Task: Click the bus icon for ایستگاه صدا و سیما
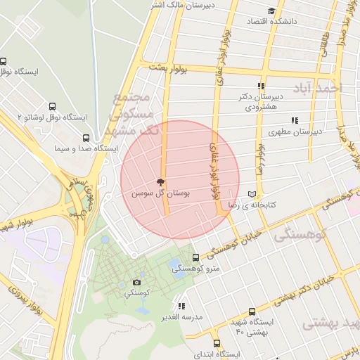pyautogui.click(x=86, y=139)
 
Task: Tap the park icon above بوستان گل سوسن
pyautogui.click(x=162, y=181)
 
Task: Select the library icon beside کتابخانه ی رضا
pyautogui.click(x=253, y=194)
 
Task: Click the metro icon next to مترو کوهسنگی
pyautogui.click(x=195, y=257)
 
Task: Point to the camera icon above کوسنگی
pyautogui.click(x=136, y=282)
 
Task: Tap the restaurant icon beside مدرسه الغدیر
pyautogui.click(x=182, y=306)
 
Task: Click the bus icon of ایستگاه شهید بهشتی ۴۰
pyautogui.click(x=252, y=311)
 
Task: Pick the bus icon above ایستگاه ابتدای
pyautogui.click(x=217, y=344)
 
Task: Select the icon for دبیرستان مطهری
pyautogui.click(x=296, y=120)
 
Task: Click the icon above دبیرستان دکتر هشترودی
pyautogui.click(x=262, y=85)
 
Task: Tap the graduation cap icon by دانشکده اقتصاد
pyautogui.click(x=272, y=11)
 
